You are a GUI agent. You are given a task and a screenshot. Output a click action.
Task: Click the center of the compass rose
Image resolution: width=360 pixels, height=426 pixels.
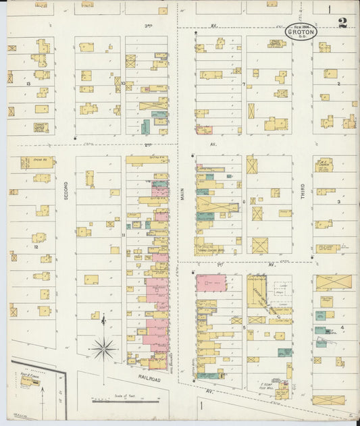click(x=103, y=349)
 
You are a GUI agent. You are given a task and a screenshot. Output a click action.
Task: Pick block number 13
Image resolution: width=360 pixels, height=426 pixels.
click(x=28, y=84)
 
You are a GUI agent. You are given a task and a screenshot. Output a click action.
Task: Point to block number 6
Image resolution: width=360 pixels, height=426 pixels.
click(x=243, y=201)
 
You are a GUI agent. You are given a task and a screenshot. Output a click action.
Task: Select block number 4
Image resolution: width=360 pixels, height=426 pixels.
click(x=342, y=327)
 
